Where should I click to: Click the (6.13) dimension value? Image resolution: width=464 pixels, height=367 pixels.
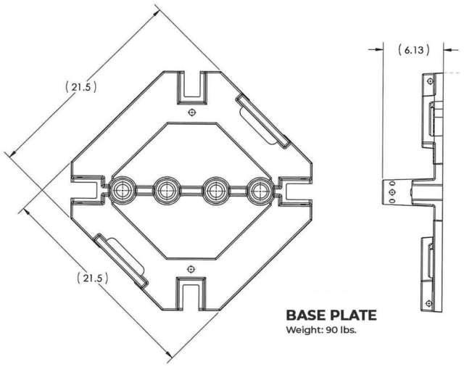point(413,49)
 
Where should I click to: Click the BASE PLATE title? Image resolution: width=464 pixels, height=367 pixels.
point(331,316)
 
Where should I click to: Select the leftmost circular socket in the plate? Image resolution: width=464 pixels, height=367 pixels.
point(120,191)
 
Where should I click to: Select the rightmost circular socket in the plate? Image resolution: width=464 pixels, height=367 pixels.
point(258,191)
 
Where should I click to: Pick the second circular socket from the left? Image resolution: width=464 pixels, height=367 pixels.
point(166,191)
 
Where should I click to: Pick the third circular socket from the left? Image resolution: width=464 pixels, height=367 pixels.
point(213,191)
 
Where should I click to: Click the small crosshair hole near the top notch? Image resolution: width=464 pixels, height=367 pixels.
point(190,112)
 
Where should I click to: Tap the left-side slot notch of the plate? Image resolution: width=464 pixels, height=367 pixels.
point(87,191)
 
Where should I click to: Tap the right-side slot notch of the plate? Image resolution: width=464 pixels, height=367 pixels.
point(294,191)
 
